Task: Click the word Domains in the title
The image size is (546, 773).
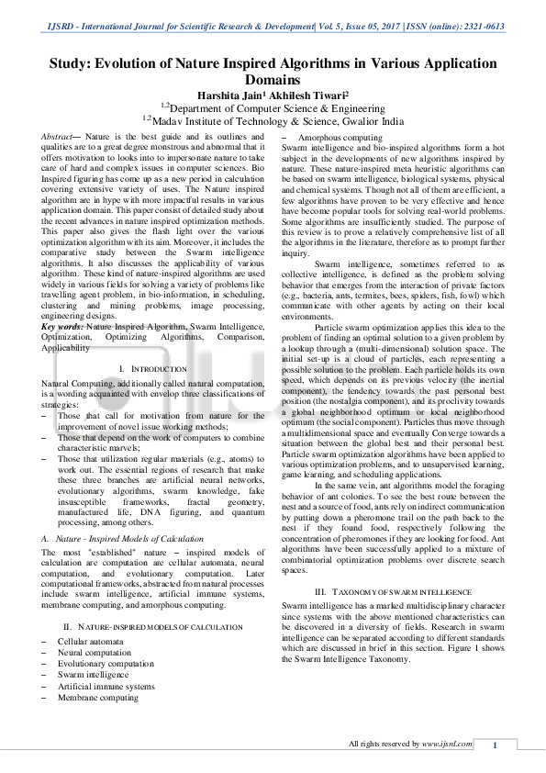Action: [x=273, y=80]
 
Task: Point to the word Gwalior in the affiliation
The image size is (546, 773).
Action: [x=355, y=119]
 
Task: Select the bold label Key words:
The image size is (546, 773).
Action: [x=63, y=328]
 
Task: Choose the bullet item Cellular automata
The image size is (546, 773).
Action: [x=91, y=641]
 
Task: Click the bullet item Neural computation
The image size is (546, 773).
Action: [x=94, y=652]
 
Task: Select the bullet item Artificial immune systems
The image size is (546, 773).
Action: [x=106, y=686]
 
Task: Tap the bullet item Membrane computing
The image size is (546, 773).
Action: [x=98, y=698]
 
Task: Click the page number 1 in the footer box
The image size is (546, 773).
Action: [x=495, y=745]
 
